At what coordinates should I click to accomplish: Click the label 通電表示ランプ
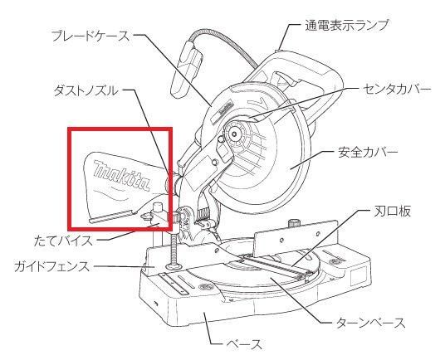coord(346,25)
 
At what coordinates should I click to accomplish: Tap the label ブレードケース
coord(90,36)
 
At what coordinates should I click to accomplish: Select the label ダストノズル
coord(86,91)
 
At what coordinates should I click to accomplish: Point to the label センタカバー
coord(397,90)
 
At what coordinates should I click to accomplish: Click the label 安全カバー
coord(368,153)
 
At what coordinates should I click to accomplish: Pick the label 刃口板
coord(392,212)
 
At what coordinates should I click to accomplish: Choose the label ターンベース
coord(370,323)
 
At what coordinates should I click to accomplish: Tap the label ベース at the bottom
coord(244,345)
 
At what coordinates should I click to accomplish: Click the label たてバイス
coord(63,241)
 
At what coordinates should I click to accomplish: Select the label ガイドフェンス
coord(52,267)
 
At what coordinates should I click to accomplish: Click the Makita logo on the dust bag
coord(122,175)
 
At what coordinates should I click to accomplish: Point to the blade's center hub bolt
coord(235,133)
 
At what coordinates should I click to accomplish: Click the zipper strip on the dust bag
coord(111,216)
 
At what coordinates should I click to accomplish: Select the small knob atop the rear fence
coord(293,223)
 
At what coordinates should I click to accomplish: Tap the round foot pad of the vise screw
coord(174,266)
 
